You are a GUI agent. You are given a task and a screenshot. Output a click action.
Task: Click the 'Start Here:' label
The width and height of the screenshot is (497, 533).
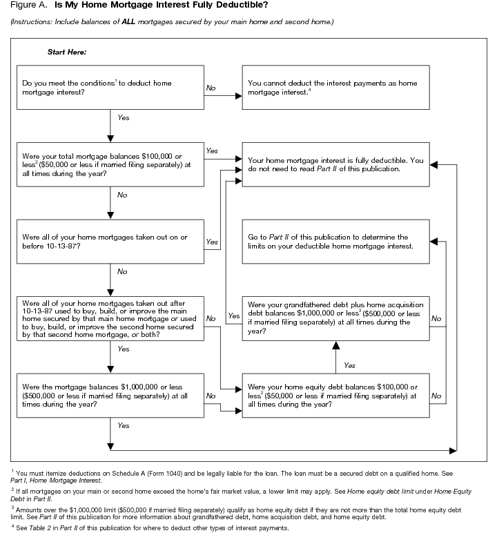[66, 52]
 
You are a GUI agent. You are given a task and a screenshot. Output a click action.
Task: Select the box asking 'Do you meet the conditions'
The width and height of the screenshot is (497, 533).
[110, 88]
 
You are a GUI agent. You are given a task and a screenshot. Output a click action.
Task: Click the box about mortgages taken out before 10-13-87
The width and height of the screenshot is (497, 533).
[110, 241]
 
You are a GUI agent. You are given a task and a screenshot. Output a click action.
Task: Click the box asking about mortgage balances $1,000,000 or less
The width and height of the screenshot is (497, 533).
[110, 395]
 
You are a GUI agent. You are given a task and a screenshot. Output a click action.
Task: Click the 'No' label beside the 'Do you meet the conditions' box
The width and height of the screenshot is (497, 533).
[212, 88]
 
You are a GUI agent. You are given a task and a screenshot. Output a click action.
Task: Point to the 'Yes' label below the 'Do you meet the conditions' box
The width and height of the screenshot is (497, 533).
[123, 118]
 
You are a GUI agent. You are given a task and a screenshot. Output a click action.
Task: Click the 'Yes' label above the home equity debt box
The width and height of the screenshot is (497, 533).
[349, 365]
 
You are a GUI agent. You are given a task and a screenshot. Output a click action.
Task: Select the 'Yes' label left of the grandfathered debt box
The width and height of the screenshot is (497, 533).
[233, 316]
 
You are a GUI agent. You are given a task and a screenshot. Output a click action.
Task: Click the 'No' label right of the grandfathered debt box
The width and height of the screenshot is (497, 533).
[436, 318]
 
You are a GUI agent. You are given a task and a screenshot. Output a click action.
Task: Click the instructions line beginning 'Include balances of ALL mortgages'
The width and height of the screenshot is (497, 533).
[172, 22]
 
